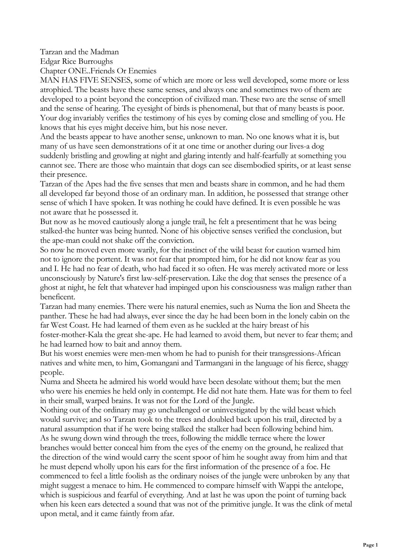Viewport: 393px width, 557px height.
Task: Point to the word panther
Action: [x=53, y=316]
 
